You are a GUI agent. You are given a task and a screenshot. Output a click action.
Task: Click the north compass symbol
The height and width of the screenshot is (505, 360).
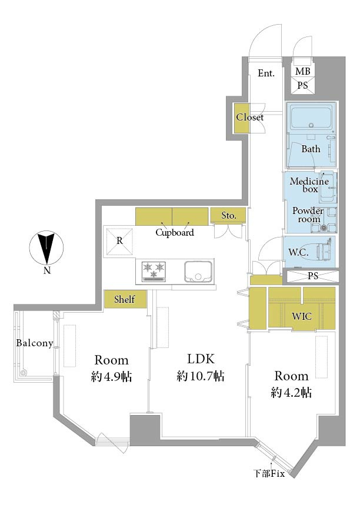(46, 248)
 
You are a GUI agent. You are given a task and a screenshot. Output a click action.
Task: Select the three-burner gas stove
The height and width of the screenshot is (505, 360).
(154, 271)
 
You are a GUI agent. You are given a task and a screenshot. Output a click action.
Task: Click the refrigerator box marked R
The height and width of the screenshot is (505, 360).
(119, 241)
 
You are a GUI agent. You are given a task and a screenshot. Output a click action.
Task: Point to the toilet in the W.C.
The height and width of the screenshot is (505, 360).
(324, 251)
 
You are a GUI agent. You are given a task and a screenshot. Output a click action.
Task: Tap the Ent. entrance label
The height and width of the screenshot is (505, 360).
(266, 73)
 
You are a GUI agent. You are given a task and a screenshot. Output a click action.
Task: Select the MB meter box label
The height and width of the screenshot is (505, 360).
(302, 71)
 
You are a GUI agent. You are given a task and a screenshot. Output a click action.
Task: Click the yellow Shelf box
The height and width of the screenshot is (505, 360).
(125, 299)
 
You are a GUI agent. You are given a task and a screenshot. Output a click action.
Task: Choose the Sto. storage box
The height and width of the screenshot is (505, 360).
(228, 215)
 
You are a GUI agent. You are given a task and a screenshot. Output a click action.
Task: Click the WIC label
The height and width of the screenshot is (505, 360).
(302, 316)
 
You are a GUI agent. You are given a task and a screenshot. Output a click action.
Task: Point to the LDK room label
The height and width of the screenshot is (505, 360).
(201, 359)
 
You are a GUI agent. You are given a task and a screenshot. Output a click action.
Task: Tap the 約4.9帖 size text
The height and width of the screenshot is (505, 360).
(111, 376)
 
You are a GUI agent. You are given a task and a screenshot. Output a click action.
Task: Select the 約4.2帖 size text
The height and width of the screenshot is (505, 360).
(291, 393)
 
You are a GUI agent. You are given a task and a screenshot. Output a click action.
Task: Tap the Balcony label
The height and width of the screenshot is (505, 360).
(35, 343)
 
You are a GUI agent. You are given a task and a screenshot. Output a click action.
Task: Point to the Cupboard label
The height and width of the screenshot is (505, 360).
(175, 233)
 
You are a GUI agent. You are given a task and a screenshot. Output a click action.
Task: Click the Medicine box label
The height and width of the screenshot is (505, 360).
(309, 185)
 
